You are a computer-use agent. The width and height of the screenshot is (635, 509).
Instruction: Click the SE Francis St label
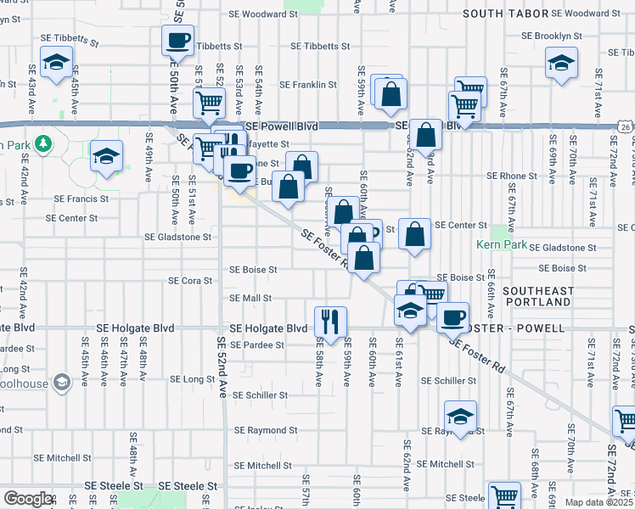(81, 199)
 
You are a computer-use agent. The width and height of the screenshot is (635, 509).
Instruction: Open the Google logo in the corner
(28, 499)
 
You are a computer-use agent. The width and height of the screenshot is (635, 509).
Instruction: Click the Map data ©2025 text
(598, 502)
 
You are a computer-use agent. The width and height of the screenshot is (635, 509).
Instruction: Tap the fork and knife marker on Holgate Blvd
(328, 321)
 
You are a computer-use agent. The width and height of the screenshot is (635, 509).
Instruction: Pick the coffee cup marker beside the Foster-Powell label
(452, 316)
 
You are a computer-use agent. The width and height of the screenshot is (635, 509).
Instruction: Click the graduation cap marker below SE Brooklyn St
(561, 64)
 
